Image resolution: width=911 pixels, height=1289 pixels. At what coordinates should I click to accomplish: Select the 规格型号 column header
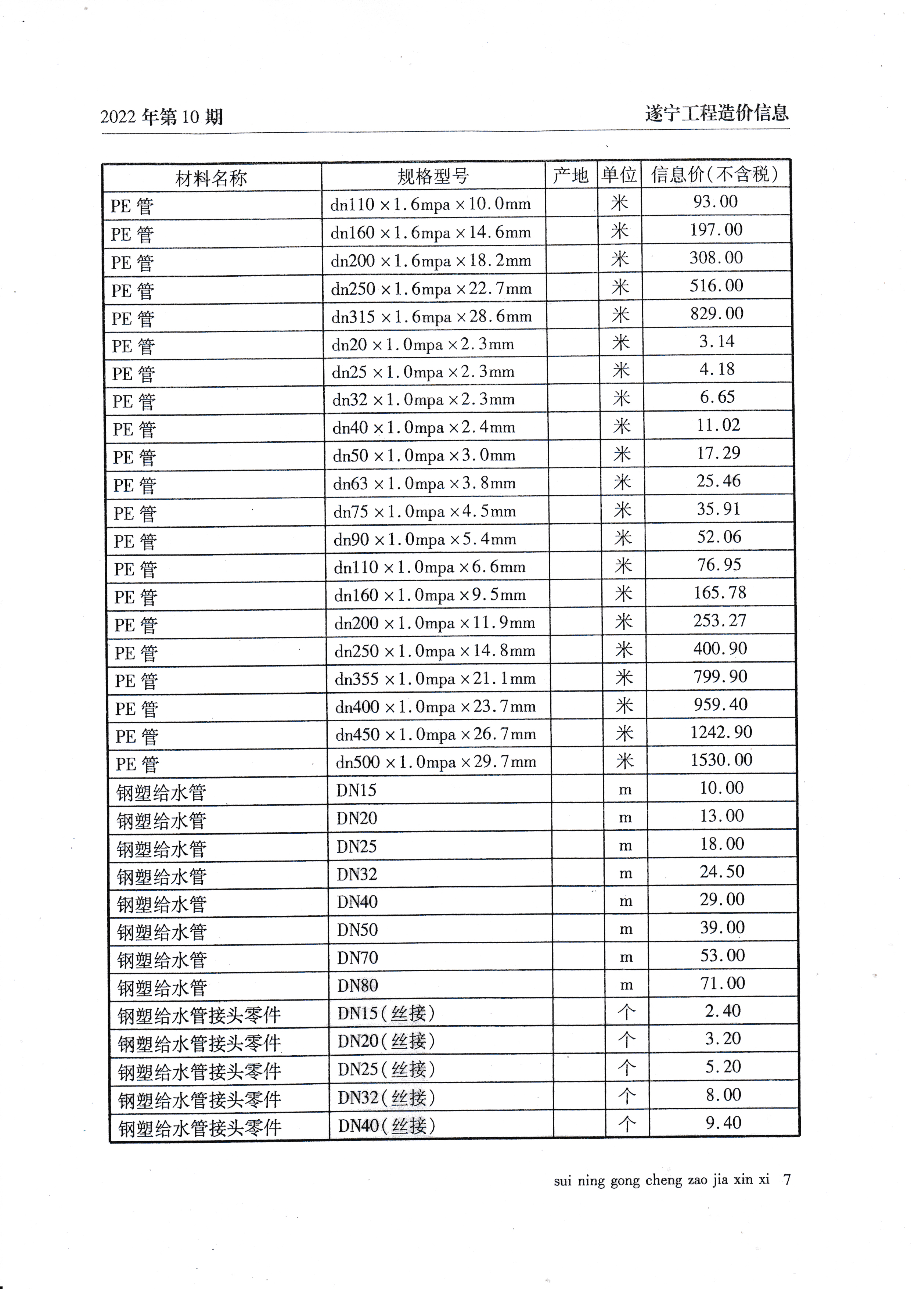pyautogui.click(x=433, y=177)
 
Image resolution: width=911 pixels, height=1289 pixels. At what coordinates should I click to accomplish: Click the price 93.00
pyautogui.click(x=715, y=202)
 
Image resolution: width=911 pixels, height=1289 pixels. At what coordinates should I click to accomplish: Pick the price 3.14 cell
pyautogui.click(x=717, y=341)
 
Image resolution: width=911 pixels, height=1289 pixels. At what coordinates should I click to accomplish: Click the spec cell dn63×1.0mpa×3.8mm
pyautogui.click(x=424, y=484)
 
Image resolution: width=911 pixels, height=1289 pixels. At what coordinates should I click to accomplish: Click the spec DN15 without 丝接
pyautogui.click(x=356, y=790)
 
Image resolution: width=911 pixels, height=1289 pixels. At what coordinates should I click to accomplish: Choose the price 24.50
pyautogui.click(x=722, y=872)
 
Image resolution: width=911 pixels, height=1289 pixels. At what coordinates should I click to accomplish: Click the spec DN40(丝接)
pyautogui.click(x=386, y=1125)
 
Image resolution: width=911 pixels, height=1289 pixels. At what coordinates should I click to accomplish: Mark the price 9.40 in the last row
pyautogui.click(x=724, y=1123)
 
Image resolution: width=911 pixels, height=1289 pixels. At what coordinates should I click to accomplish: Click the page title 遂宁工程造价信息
pyautogui.click(x=717, y=114)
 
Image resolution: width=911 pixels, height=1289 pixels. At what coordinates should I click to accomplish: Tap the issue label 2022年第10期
pyautogui.click(x=162, y=117)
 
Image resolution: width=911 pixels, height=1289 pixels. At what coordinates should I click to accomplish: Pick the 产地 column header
pyautogui.click(x=570, y=176)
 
